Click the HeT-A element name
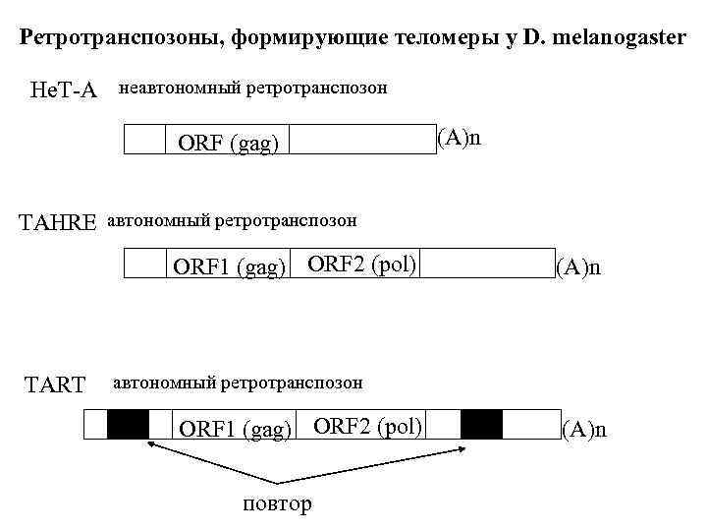64,90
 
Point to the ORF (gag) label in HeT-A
228,144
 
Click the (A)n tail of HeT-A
460,136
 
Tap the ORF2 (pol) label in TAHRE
362,263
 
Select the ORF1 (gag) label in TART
235,429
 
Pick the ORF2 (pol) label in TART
367,425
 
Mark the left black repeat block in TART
128,425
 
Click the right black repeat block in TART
481,425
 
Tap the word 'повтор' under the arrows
277,504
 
